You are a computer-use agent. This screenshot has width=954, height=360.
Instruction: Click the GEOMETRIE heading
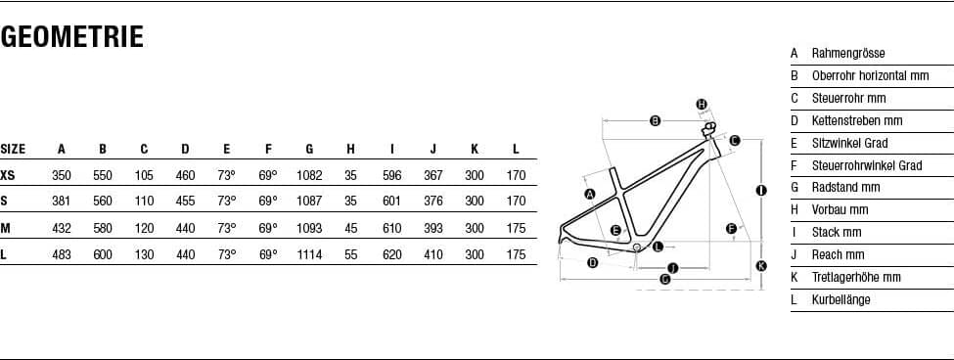(71, 36)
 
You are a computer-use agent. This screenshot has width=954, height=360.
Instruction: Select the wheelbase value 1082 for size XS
(309, 176)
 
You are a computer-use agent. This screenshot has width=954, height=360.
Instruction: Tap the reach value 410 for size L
(433, 254)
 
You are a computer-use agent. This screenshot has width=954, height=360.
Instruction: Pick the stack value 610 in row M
(391, 228)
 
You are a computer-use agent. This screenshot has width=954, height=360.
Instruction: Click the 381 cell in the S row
(61, 201)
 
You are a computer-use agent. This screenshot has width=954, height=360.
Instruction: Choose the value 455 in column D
(185, 201)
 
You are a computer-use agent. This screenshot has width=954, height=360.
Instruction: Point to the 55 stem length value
(350, 254)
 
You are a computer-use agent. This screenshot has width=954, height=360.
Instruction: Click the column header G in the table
(309, 149)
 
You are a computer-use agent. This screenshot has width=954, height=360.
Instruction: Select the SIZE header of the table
(13, 149)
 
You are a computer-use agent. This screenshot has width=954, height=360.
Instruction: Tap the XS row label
(7, 176)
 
